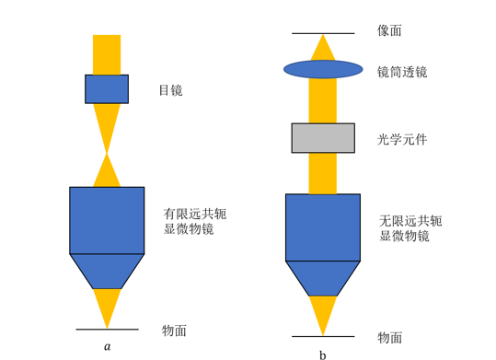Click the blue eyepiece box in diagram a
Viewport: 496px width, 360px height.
pyautogui.click(x=107, y=89)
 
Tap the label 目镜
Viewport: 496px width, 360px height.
pyautogui.click(x=171, y=90)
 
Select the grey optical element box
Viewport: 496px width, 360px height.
pyautogui.click(x=323, y=138)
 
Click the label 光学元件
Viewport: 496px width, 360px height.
pyautogui.click(x=402, y=139)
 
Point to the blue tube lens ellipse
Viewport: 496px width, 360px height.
pyautogui.click(x=323, y=69)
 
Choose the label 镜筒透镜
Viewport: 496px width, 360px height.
pyautogui.click(x=402, y=72)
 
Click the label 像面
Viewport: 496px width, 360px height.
pyautogui.click(x=389, y=30)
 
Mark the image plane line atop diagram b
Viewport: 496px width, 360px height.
pyautogui.click(x=323, y=33)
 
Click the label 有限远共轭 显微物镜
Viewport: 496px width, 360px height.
pyautogui.click(x=195, y=221)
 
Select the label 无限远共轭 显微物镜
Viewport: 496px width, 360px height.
pyautogui.click(x=410, y=228)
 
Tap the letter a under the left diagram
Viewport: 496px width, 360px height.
pyautogui.click(x=108, y=347)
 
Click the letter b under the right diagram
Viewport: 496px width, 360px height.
pyautogui.click(x=323, y=355)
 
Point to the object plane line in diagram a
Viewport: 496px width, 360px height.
pyautogui.click(x=108, y=330)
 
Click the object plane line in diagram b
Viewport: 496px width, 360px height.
pyautogui.click(x=323, y=336)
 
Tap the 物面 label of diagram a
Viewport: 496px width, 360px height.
pyautogui.click(x=174, y=331)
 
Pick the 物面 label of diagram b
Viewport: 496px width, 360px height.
pyautogui.click(x=390, y=338)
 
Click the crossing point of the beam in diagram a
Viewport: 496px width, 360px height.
pyautogui.click(x=107, y=154)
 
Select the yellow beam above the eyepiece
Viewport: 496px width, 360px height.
pyautogui.click(x=107, y=54)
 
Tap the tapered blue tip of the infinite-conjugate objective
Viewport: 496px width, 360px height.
pyautogui.click(x=323, y=278)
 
